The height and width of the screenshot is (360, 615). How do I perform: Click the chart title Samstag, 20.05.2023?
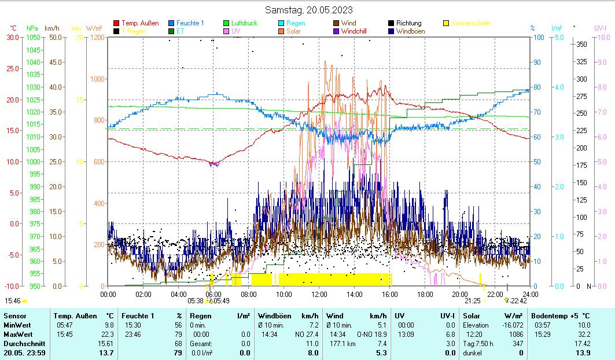(308, 10)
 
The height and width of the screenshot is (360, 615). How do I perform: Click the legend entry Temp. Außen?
(140, 23)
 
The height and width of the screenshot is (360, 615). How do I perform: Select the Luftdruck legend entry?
(244, 23)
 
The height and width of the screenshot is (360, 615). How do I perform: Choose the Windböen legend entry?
(414, 31)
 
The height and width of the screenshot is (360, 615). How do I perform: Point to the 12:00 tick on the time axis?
(319, 294)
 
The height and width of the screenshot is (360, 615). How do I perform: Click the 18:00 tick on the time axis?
(425, 294)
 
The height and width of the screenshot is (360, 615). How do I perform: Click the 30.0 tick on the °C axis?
(13, 38)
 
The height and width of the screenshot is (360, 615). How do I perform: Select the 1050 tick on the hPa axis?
(34, 38)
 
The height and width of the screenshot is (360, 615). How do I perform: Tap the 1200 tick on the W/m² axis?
(97, 38)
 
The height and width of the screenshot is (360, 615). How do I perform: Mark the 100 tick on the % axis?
(537, 38)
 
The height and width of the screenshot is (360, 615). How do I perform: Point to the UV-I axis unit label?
(600, 28)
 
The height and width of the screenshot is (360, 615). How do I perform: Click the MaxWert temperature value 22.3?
(108, 335)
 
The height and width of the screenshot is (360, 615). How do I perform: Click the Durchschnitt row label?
(21, 344)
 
